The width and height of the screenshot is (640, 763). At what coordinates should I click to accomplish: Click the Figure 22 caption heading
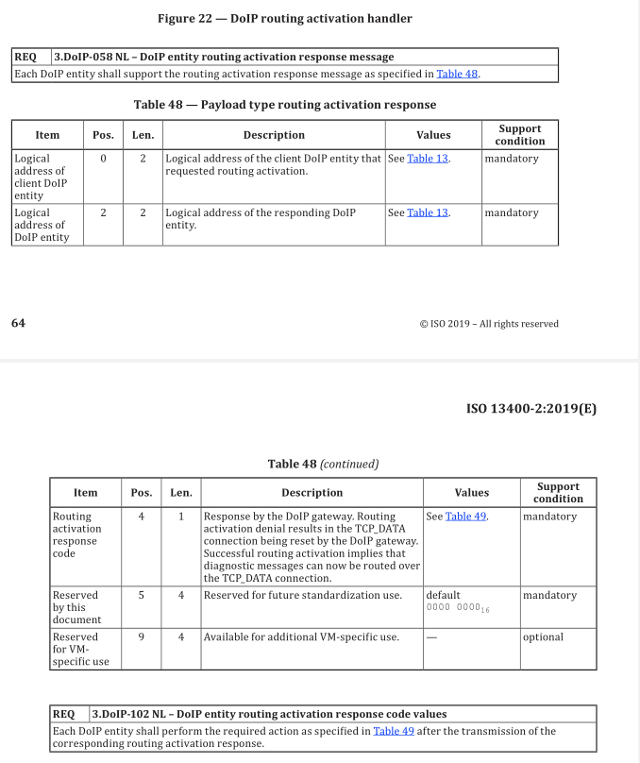[x=284, y=18]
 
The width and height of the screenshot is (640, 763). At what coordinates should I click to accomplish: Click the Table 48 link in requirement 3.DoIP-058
[x=458, y=74]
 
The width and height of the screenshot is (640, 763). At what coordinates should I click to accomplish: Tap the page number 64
[x=18, y=324]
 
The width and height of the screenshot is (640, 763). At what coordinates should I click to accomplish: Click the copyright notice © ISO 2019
[x=489, y=324]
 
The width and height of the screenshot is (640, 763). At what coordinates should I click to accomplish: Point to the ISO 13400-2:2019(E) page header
[x=531, y=409]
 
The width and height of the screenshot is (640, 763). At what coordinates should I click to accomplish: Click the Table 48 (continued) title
[x=323, y=464]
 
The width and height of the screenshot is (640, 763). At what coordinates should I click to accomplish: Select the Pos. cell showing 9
[x=141, y=637]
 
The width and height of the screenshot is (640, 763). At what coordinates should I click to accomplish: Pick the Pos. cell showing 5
[x=141, y=596]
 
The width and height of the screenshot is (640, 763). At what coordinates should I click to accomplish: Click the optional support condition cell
[x=543, y=637]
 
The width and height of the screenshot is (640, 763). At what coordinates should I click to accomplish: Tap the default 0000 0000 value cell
[x=458, y=602]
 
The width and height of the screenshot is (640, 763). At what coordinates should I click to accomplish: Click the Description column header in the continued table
[x=312, y=492]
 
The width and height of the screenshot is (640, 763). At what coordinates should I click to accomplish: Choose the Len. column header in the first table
[x=143, y=135]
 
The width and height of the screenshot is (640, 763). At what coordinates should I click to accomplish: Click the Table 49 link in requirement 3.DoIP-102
[x=393, y=731]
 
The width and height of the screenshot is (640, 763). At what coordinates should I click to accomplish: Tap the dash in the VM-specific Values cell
[x=431, y=637]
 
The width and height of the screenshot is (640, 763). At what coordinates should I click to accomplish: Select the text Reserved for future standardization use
[x=302, y=596]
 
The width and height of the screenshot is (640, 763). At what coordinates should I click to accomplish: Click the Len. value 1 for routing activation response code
[x=181, y=517]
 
